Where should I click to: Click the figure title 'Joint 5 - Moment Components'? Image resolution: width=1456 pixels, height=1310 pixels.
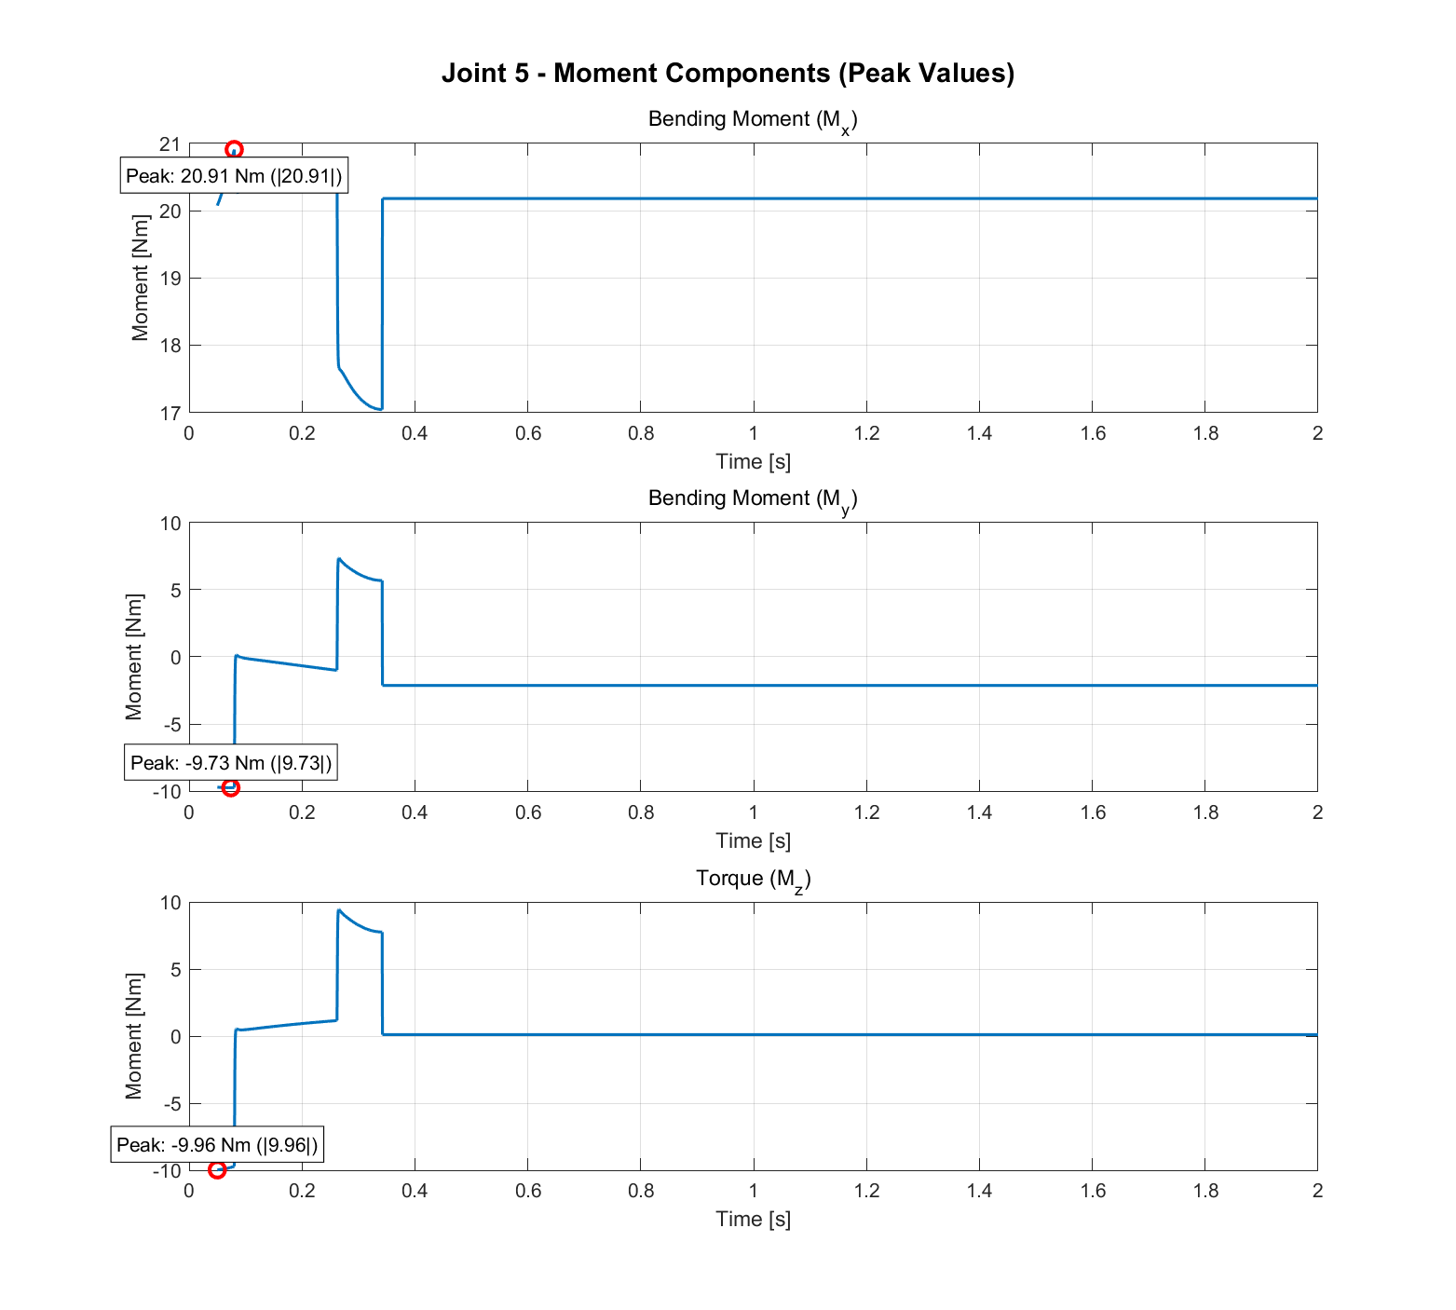point(728,73)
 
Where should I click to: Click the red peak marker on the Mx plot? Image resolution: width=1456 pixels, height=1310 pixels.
point(234,150)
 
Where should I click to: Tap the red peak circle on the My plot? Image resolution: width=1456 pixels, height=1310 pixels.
point(230,787)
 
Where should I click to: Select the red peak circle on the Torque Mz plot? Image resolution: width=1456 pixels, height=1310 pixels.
point(217,1169)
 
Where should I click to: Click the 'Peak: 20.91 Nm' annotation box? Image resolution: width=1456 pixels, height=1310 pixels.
point(234,175)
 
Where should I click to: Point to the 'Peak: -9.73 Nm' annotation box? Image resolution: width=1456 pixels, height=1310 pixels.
point(230,763)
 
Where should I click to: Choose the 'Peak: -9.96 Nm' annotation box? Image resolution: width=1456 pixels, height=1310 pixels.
point(217,1144)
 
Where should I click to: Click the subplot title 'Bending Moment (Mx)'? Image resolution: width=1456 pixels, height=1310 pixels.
point(752,120)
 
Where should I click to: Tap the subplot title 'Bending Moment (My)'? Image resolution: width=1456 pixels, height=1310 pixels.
point(752,499)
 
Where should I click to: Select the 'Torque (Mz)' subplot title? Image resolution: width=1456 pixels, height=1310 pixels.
point(753,879)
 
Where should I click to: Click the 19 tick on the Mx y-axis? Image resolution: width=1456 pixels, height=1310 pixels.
point(170,279)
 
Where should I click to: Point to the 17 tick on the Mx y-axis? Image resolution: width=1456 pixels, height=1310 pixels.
point(170,413)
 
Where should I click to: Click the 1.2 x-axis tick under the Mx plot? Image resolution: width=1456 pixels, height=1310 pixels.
point(866,433)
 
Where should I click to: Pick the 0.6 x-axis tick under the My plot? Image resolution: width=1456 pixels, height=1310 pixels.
point(528,812)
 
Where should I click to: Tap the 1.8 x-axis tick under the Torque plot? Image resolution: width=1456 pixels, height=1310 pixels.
point(1205,1191)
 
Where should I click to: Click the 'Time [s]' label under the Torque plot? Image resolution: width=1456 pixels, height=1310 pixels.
point(753,1219)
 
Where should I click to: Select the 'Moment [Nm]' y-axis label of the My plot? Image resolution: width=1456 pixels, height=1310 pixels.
point(134,657)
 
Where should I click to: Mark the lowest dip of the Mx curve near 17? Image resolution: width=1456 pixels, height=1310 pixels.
point(379,409)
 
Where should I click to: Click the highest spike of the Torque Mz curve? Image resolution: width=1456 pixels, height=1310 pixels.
point(338,910)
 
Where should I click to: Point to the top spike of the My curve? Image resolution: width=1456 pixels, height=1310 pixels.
point(339,559)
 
